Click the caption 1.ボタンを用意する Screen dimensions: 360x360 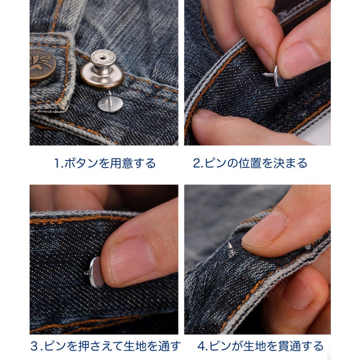tap(105, 164)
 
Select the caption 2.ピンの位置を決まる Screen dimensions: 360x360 tap(250, 164)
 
